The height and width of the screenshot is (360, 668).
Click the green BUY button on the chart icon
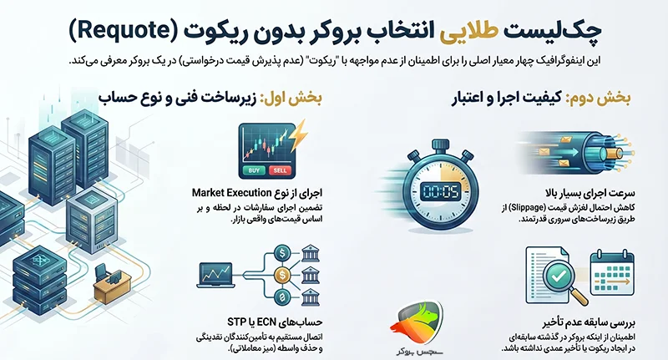coord(254,170)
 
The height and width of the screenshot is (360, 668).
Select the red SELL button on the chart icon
coord(280,170)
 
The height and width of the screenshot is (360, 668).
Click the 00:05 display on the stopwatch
coord(441,192)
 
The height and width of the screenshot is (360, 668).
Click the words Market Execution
coord(232,193)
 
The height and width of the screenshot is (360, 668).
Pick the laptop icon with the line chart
coord(216,275)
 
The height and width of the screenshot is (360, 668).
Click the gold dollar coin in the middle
coord(281,275)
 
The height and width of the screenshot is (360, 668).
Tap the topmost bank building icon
coord(310,253)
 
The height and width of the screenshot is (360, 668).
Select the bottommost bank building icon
coord(310,297)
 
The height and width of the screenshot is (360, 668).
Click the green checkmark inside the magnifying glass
coord(557,277)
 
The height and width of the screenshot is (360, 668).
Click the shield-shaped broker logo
coord(416,322)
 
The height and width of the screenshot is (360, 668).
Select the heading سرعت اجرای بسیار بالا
coord(590,193)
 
